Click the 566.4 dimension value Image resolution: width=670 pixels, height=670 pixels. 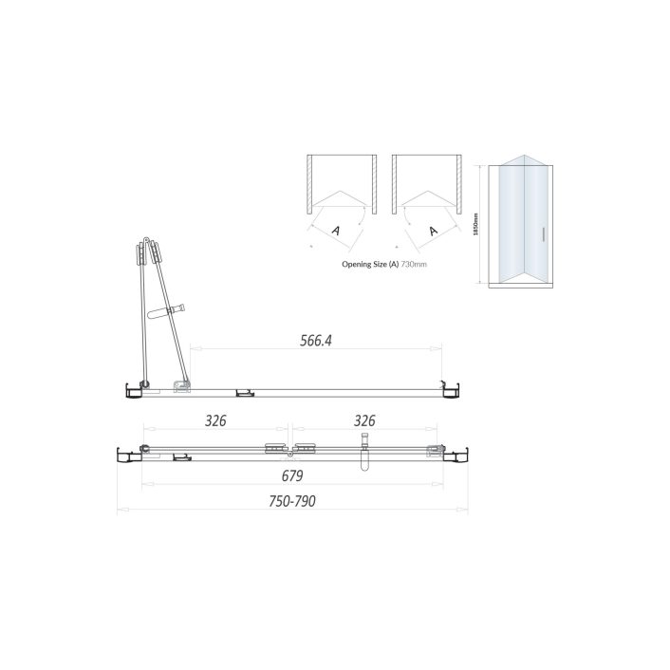tap(315, 339)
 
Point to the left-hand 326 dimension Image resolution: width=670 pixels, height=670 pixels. tap(215, 420)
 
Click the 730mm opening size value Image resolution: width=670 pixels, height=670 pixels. tap(415, 265)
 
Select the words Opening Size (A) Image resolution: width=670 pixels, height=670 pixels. tap(370, 265)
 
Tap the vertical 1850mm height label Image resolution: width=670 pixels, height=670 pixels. tap(475, 225)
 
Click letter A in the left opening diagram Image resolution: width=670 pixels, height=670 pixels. tap(335, 231)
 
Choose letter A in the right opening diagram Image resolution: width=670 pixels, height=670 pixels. tap(434, 231)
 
